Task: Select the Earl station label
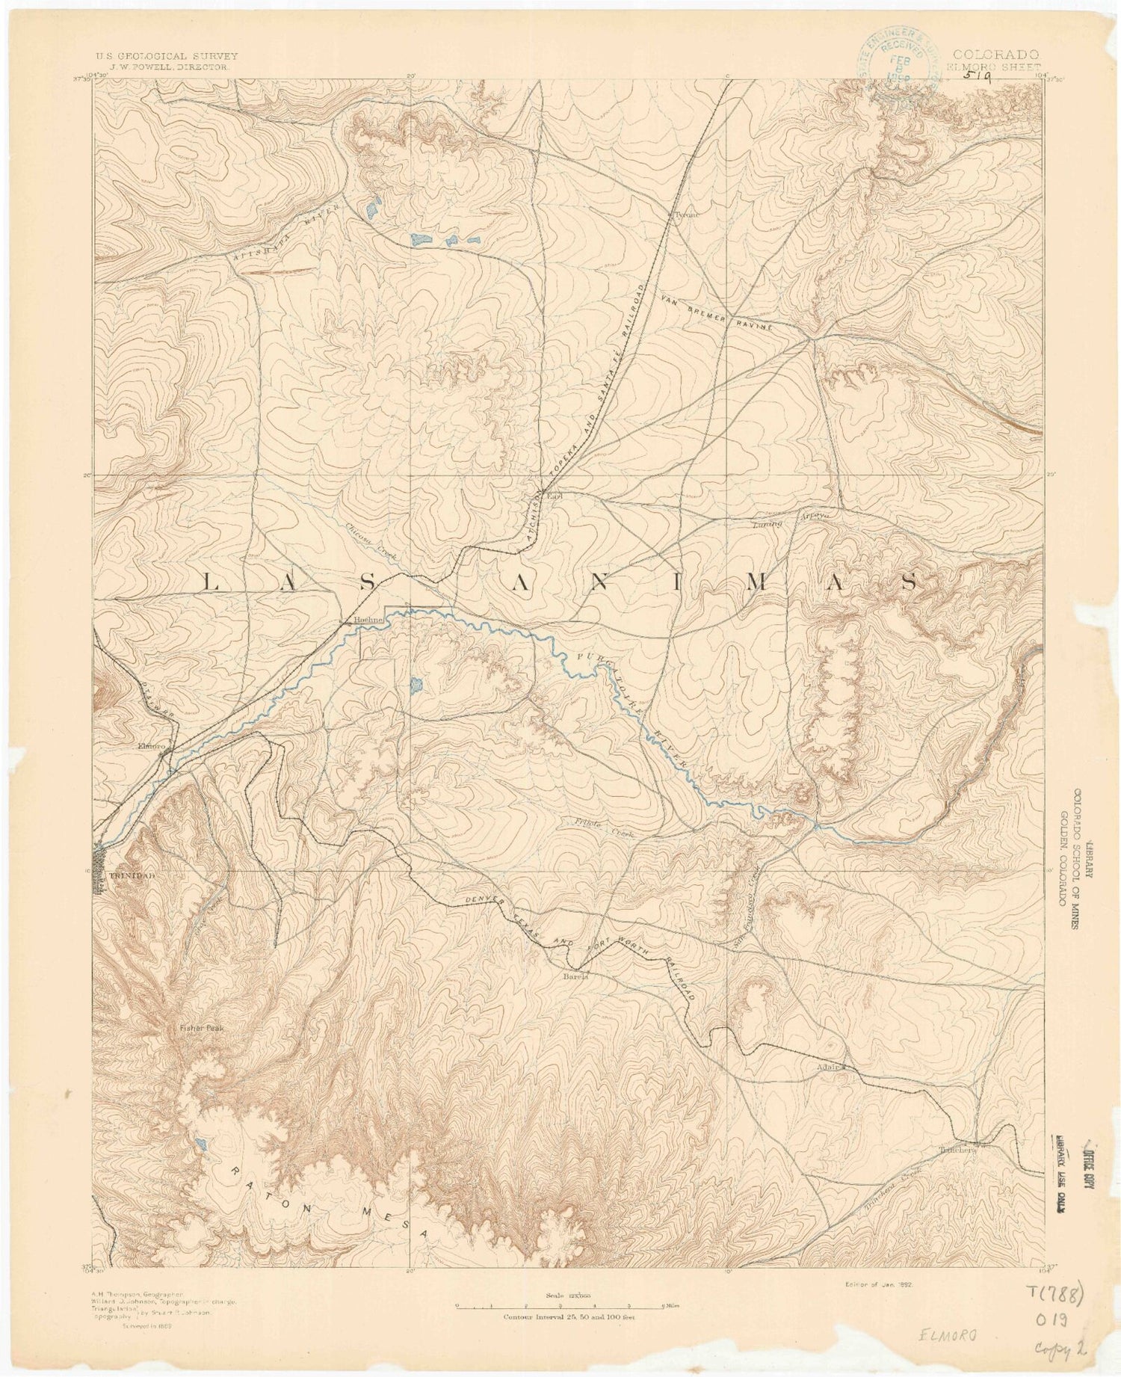coord(554,495)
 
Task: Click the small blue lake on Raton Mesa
coord(200,1122)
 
